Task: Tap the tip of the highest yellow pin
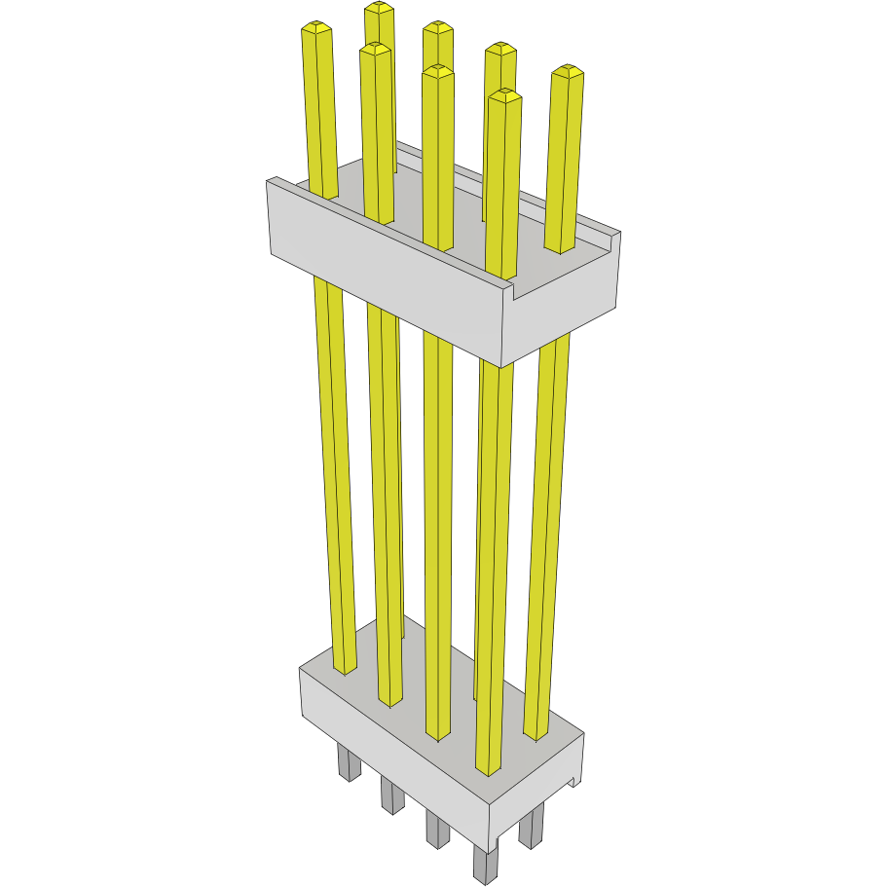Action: (x=380, y=7)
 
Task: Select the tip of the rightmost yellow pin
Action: (x=568, y=70)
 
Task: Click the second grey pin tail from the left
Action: (x=390, y=795)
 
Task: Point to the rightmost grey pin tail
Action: (x=532, y=828)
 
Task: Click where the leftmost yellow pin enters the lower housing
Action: (x=346, y=670)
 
